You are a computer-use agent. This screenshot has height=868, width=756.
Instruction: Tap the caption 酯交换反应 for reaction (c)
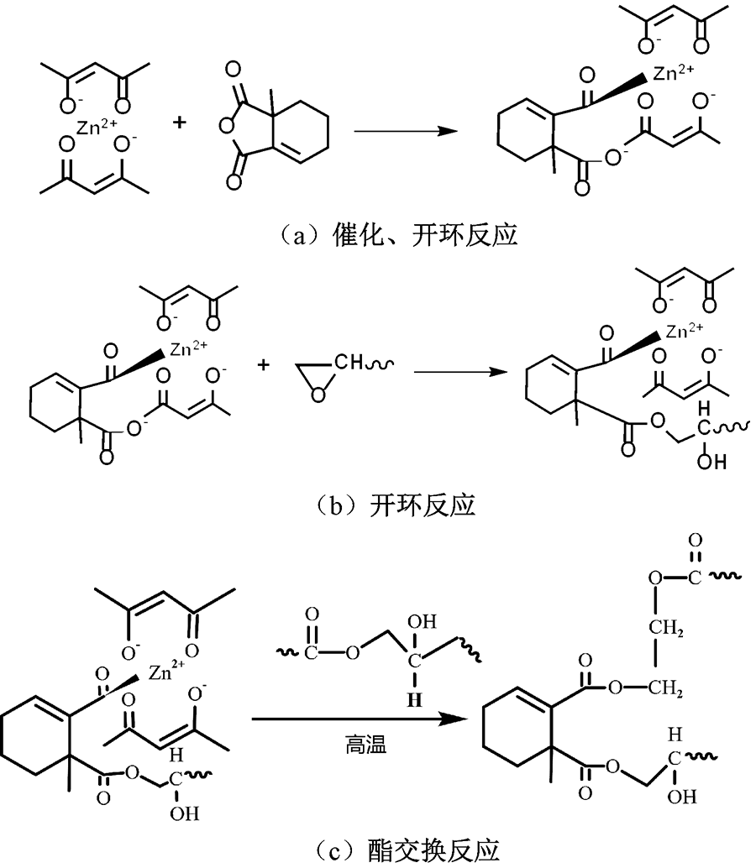click(x=378, y=851)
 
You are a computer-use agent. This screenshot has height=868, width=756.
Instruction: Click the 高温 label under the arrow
click(x=367, y=744)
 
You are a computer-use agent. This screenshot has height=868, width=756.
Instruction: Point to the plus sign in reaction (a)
click(x=180, y=123)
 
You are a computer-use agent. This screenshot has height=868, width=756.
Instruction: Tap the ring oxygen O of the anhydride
click(x=224, y=127)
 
